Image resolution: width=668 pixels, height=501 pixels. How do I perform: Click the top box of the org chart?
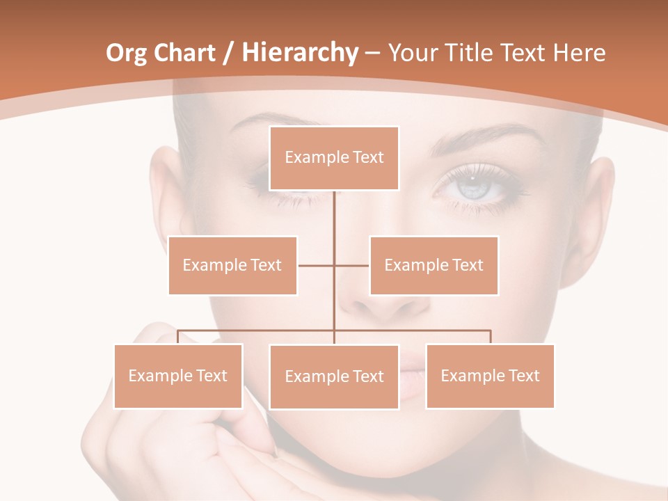click(334, 158)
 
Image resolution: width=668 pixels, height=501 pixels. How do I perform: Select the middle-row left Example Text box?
click(232, 265)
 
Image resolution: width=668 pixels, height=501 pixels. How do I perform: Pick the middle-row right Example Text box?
click(434, 265)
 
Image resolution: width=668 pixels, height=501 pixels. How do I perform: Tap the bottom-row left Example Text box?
click(178, 376)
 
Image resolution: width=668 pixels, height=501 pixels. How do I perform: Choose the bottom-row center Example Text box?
click(334, 376)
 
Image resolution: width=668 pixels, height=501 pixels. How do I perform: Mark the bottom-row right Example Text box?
click(490, 376)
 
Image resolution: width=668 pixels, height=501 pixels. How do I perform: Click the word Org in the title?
click(126, 53)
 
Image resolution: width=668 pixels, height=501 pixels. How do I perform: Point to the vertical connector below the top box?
click(335, 216)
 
